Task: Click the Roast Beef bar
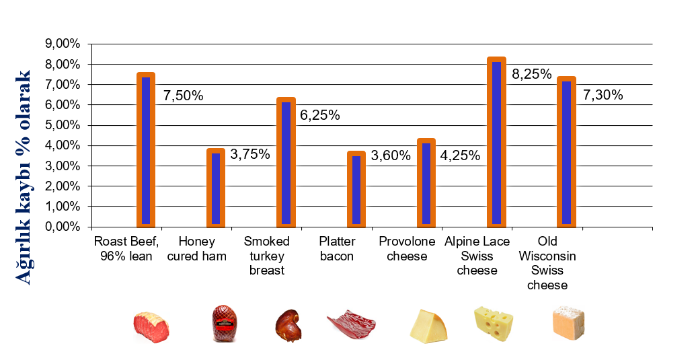(146, 150)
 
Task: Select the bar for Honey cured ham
(216, 188)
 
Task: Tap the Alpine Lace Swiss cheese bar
(496, 142)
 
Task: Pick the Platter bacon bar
(356, 189)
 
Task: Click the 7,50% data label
(183, 96)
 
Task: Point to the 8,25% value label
(532, 74)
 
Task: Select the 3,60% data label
(391, 155)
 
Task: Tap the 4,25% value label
(460, 155)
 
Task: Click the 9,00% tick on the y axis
(63, 44)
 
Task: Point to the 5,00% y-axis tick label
(63, 125)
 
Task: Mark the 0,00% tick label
(63, 227)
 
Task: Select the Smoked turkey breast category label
(267, 256)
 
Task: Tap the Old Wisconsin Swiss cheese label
(547, 263)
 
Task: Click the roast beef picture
(151, 327)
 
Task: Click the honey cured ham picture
(224, 323)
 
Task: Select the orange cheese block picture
(568, 323)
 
